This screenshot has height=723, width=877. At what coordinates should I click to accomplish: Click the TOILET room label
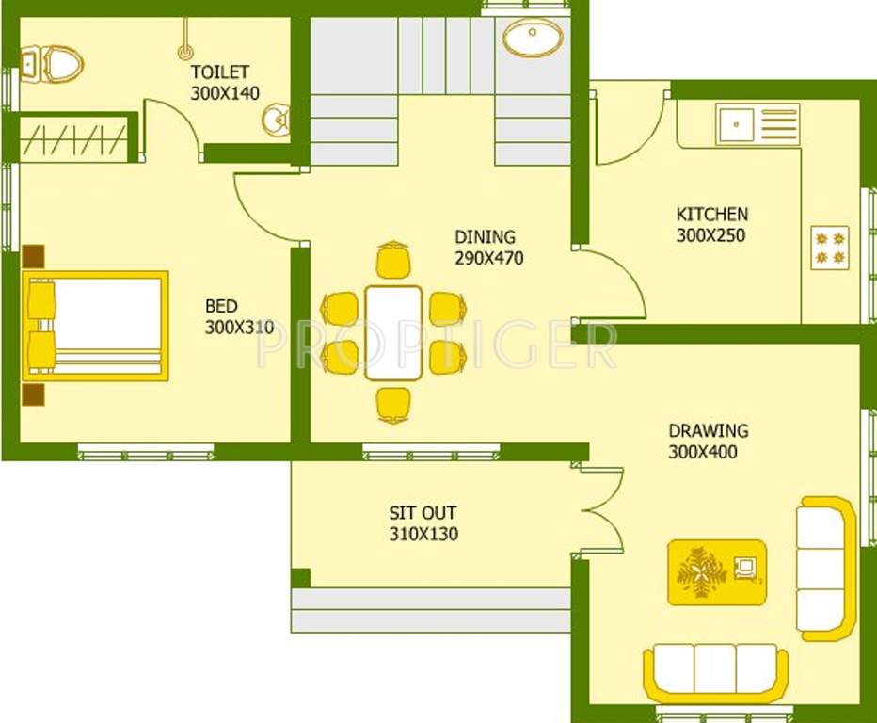220,72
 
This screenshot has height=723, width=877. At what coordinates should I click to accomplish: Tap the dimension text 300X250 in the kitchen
710,235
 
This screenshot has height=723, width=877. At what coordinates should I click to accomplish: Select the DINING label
485,237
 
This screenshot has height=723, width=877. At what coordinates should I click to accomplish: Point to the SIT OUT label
423,513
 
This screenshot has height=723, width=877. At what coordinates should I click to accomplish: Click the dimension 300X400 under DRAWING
703,452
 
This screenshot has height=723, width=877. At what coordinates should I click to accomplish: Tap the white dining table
393,332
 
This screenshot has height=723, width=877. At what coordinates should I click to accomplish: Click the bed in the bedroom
96,326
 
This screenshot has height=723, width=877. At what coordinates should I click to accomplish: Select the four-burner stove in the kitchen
830,248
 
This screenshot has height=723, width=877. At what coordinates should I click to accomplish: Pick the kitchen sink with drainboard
757,124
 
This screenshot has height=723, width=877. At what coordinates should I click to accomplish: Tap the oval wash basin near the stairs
533,39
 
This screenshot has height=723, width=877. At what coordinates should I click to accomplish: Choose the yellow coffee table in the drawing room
717,571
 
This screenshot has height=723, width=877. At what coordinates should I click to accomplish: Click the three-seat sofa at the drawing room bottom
715,672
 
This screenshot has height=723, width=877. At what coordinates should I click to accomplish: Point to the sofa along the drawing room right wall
826,569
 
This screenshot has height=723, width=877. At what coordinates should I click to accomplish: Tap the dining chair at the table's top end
393,261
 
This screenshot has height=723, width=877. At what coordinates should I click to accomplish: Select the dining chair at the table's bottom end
393,404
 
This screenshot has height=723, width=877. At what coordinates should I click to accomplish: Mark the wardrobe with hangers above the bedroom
72,138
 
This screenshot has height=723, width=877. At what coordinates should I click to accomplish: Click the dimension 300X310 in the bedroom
239,328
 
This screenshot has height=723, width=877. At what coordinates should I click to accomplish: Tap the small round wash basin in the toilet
276,120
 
